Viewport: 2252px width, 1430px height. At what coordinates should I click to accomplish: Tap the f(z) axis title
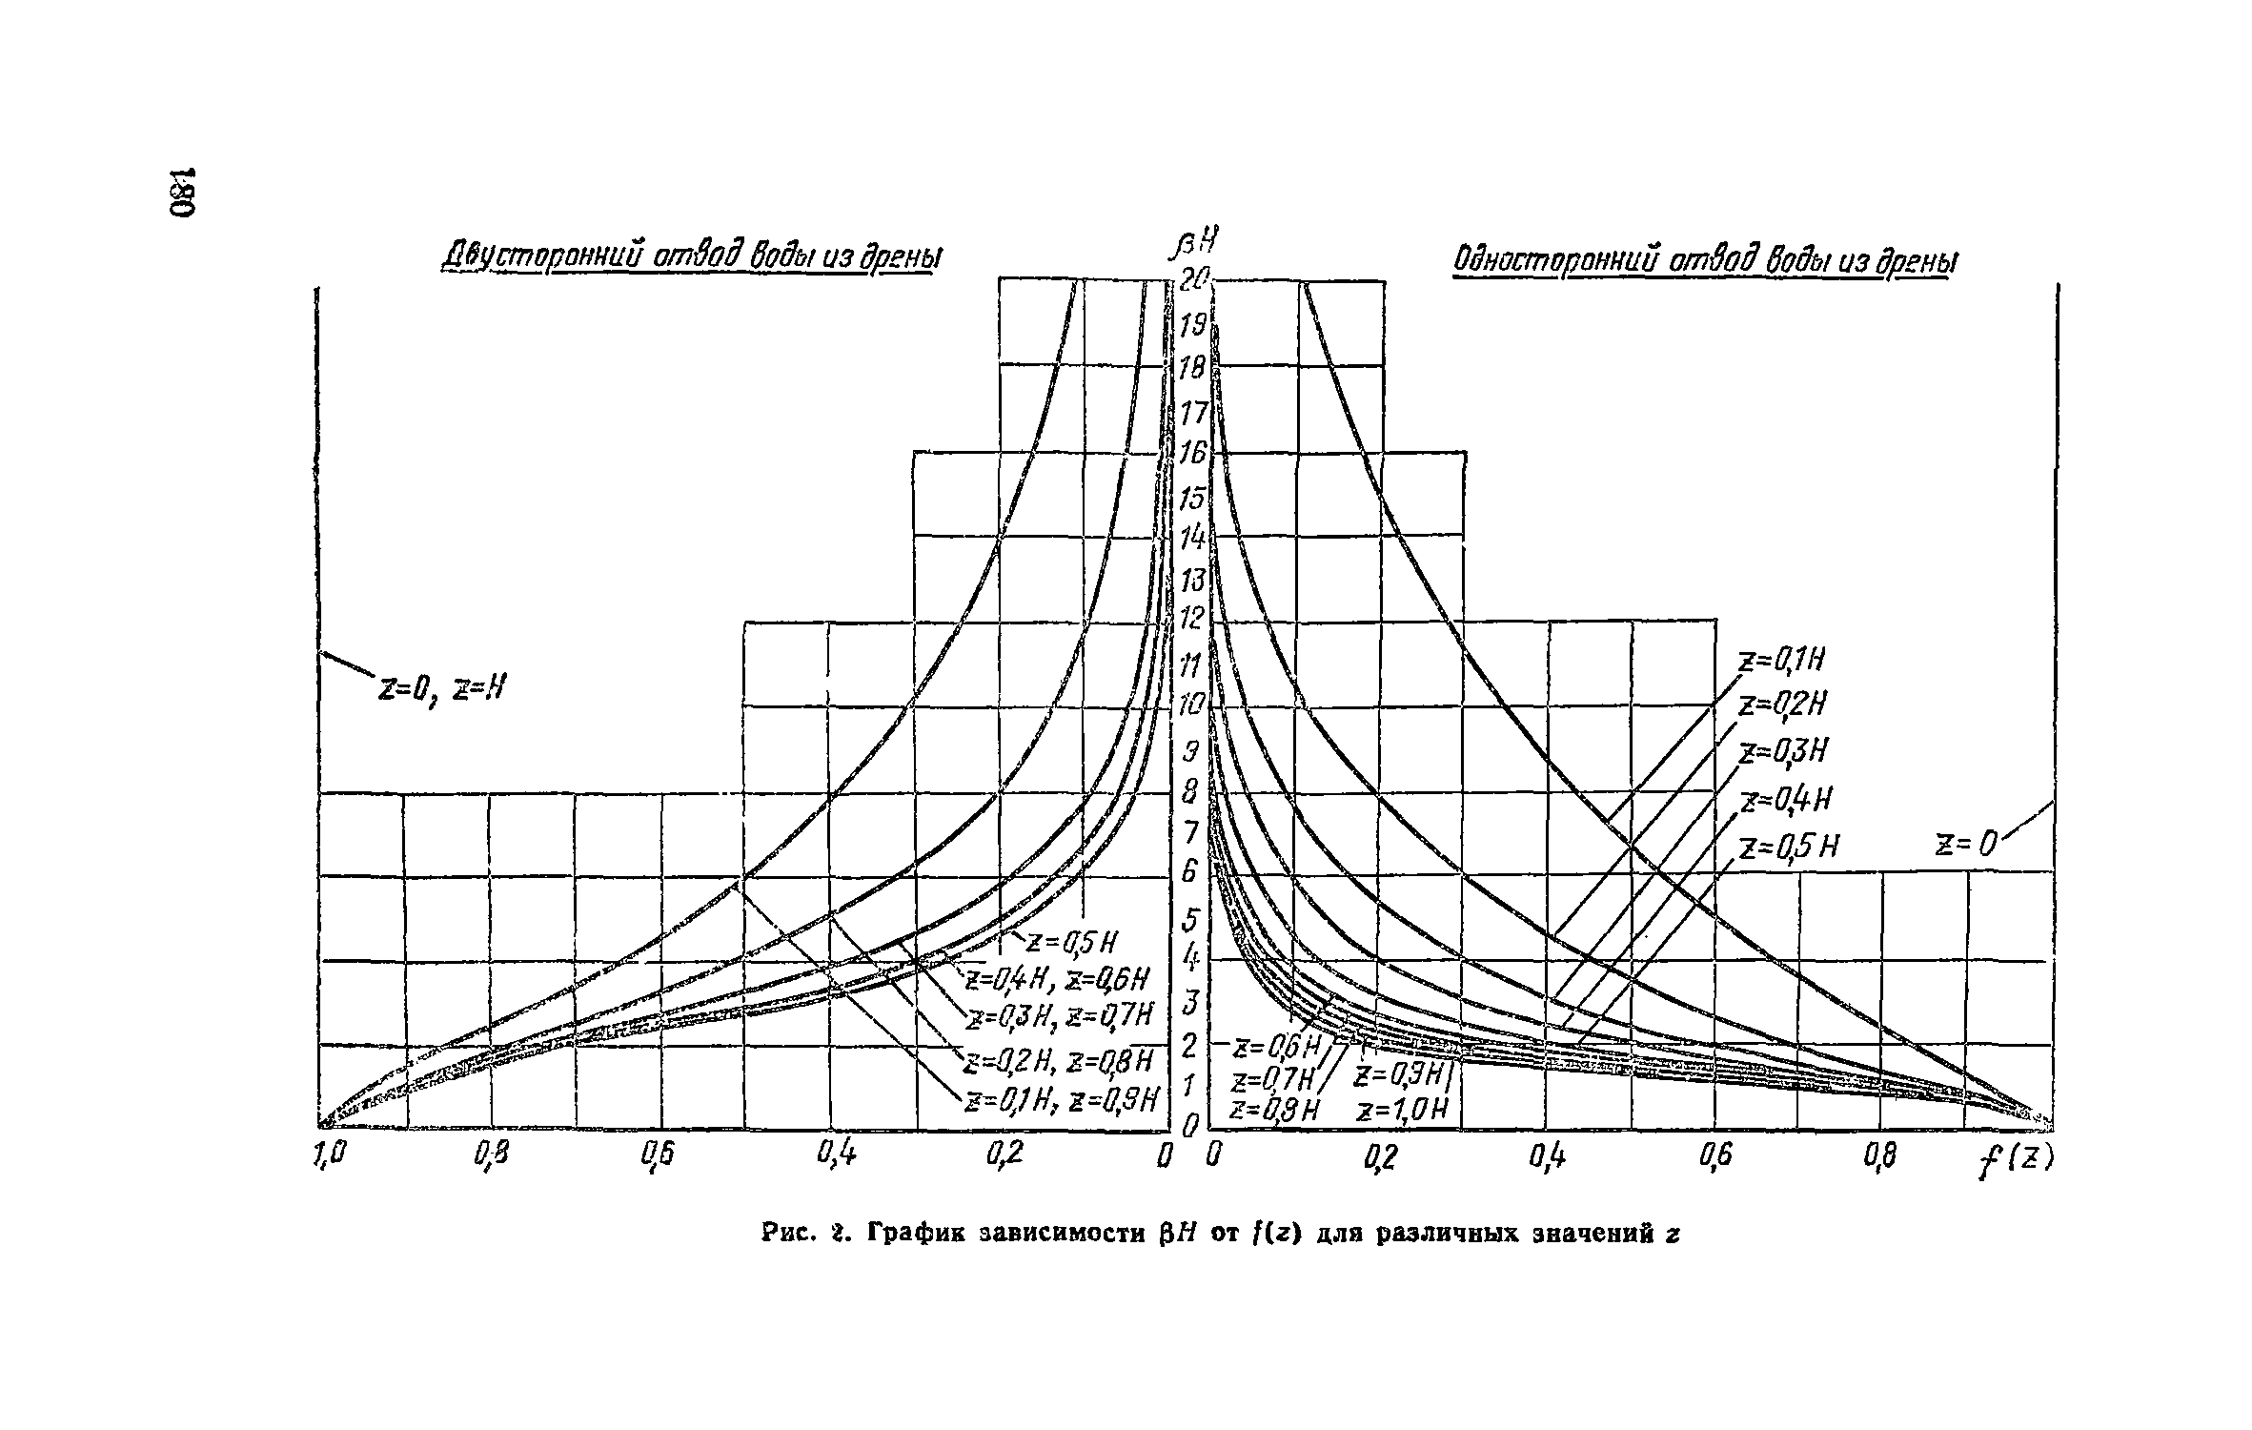2014,1189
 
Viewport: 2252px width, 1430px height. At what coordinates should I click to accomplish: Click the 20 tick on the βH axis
1193,280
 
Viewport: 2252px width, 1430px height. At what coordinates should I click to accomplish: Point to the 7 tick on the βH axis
1189,833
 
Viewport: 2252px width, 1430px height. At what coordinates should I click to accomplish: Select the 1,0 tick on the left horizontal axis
325,1156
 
